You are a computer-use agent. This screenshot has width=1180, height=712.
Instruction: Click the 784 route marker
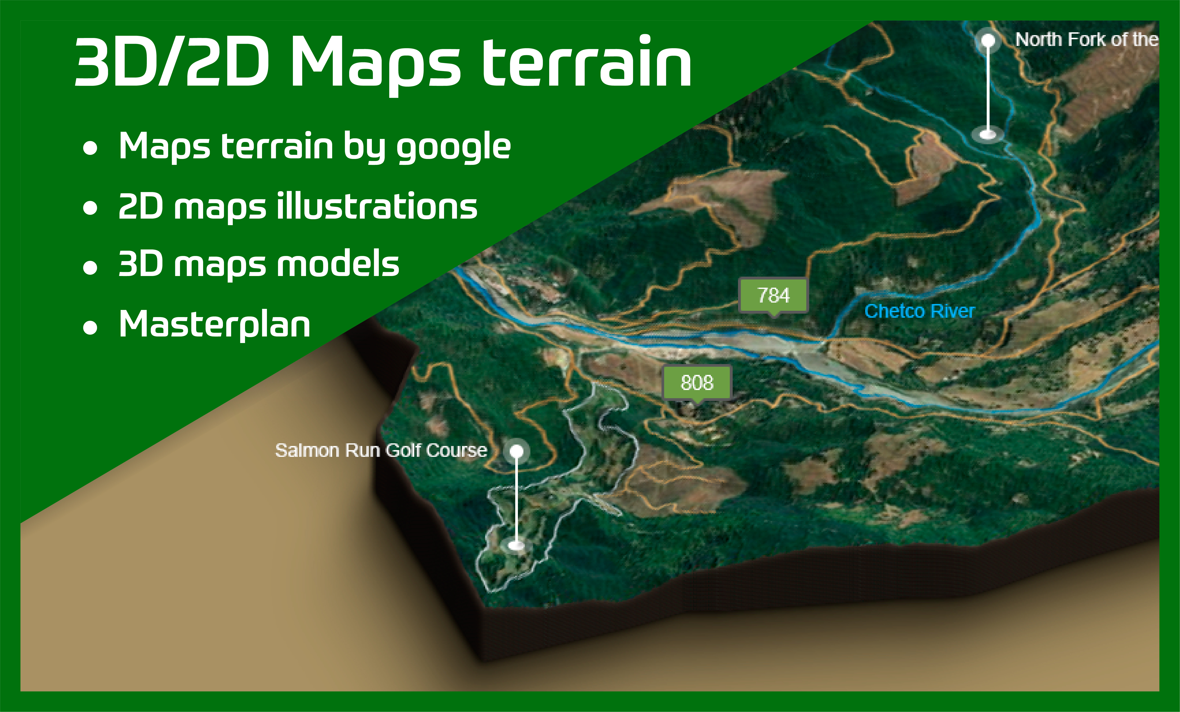(x=773, y=295)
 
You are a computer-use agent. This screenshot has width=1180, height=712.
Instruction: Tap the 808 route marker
(x=697, y=382)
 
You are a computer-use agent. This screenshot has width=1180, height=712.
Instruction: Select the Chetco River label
(x=919, y=311)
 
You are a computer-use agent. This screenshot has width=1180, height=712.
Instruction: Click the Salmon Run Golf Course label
(x=381, y=450)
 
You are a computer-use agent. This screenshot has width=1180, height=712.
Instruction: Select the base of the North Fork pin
(x=988, y=134)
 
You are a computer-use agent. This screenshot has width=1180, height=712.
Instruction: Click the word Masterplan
(x=215, y=324)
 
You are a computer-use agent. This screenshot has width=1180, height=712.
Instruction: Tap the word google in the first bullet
(x=453, y=147)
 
